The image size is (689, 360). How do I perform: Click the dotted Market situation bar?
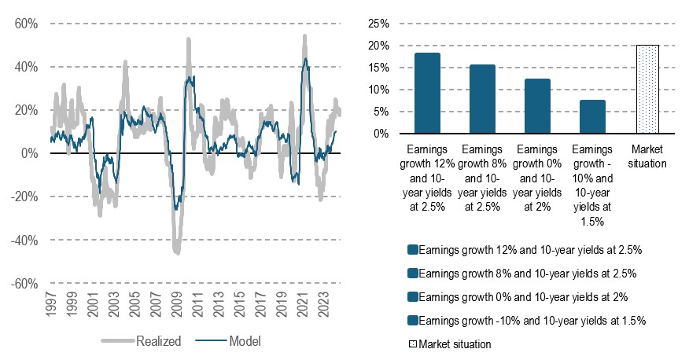coord(647,90)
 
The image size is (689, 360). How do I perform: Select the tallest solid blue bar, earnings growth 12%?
coord(427,94)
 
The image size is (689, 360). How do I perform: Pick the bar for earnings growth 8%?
coord(482,99)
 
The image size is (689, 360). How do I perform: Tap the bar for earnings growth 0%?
coord(537,106)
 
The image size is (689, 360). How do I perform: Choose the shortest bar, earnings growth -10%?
coord(592,117)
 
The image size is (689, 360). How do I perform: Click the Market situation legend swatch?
coord(412,344)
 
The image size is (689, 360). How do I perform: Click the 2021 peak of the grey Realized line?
coord(304,36)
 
